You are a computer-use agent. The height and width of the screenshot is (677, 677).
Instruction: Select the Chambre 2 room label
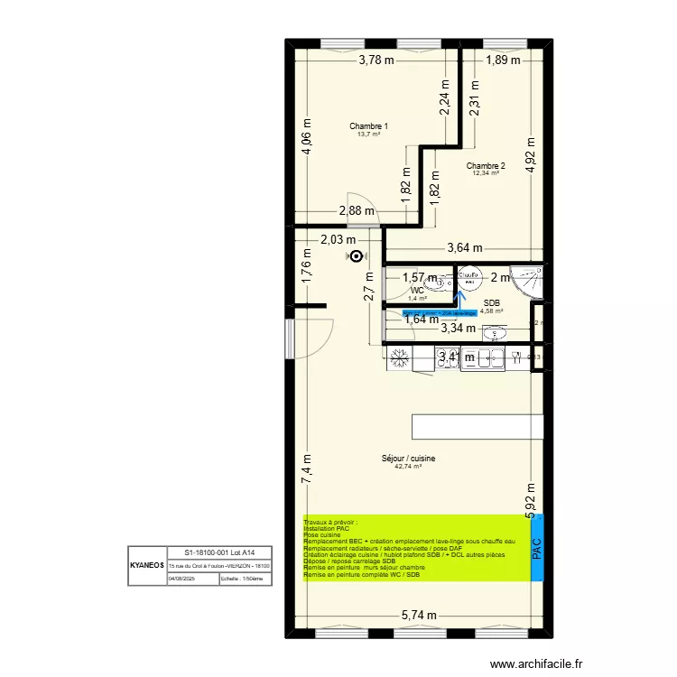(x=486, y=166)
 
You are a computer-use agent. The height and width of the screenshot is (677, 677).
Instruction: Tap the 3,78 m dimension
(x=376, y=60)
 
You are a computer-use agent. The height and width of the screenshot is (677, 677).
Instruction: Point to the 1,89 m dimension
(x=504, y=60)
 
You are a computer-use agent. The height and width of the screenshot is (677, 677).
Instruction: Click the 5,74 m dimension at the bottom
(x=419, y=616)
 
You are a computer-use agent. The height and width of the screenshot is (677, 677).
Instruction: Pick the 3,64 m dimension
(x=465, y=248)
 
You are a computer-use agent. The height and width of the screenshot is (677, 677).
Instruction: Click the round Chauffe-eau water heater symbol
(x=355, y=256)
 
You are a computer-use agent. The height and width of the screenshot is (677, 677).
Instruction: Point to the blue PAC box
(x=538, y=548)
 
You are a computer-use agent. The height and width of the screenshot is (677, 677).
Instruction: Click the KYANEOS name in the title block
(x=146, y=565)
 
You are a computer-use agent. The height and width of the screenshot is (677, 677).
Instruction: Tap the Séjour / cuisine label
(x=408, y=459)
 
